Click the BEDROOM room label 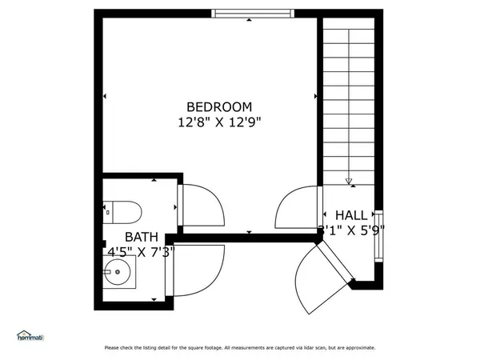[219, 106]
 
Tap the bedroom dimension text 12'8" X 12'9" [219, 122]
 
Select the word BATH [141, 238]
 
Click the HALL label [351, 215]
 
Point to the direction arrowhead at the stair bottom [349, 182]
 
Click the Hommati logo [30, 336]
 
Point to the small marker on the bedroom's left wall [105, 98]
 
